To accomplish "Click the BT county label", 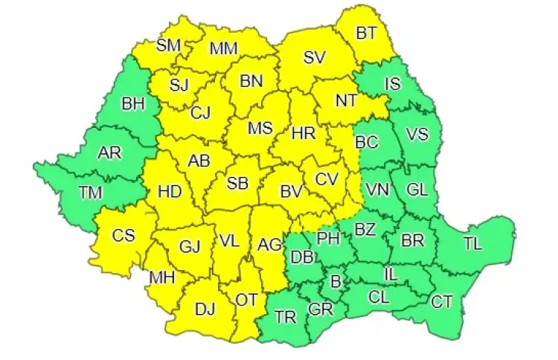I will click(366, 33).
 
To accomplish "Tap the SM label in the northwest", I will click(169, 45).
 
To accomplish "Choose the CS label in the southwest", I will click(124, 236).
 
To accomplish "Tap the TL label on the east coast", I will click(472, 243).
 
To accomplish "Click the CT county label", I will click(442, 302).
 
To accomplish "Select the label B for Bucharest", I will click(335, 281).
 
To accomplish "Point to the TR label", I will click(286, 317).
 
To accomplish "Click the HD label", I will click(170, 192).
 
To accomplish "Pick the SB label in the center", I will click(237, 183).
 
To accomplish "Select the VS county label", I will click(417, 135).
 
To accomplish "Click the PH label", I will click(327, 238).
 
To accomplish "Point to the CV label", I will click(326, 179).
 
